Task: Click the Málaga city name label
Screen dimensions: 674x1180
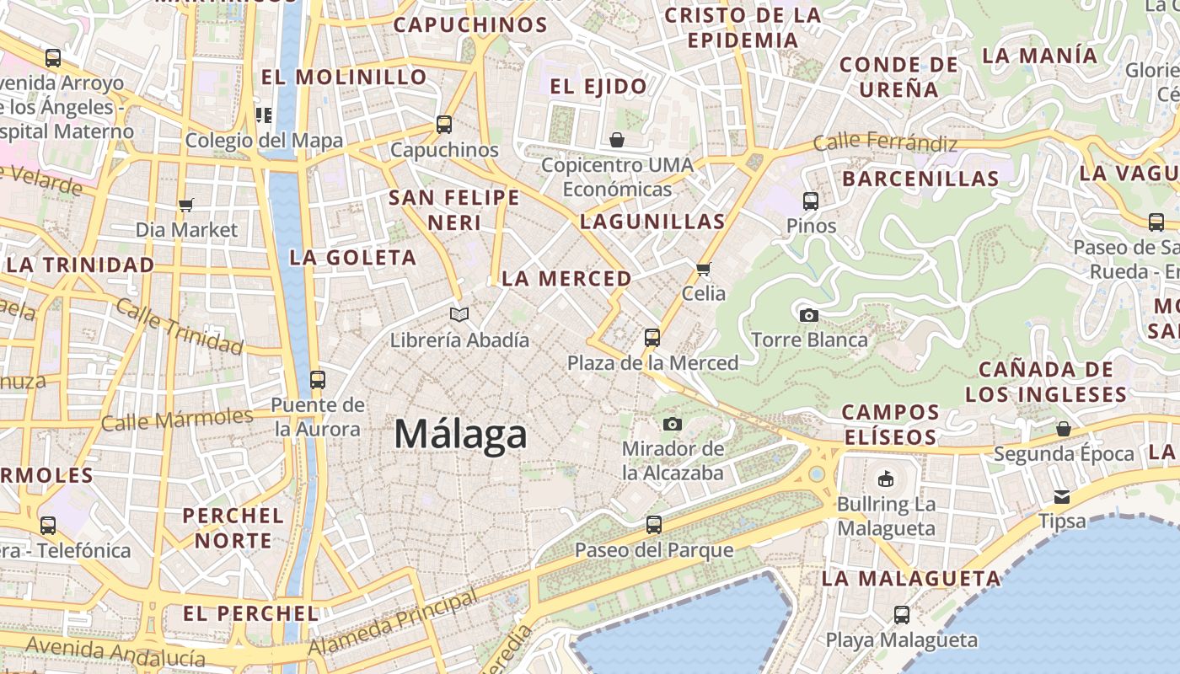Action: pyautogui.click(x=460, y=435)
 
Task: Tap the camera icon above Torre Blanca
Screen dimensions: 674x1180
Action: pyautogui.click(x=809, y=316)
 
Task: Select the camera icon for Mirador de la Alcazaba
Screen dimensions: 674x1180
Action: pyautogui.click(x=672, y=424)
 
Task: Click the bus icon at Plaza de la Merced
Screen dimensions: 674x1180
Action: pyautogui.click(x=652, y=338)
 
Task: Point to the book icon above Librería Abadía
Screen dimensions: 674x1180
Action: pyautogui.click(x=459, y=315)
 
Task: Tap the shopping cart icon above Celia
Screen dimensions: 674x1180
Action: pyautogui.click(x=704, y=269)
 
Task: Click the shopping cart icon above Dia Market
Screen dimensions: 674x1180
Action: pyautogui.click(x=186, y=205)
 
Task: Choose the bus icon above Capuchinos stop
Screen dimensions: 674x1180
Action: pyautogui.click(x=444, y=125)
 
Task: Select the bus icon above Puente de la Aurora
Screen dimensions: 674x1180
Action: pyautogui.click(x=318, y=380)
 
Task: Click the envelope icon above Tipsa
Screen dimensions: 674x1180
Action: pyautogui.click(x=1062, y=497)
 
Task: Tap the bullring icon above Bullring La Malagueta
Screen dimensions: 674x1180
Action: pyautogui.click(x=885, y=479)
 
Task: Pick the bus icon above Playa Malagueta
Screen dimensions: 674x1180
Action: pyautogui.click(x=902, y=615)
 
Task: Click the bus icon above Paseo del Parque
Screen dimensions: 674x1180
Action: pyautogui.click(x=653, y=526)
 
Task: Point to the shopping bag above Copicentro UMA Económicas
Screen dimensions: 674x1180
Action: pyautogui.click(x=617, y=139)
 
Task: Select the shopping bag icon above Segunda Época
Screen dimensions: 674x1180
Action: pyautogui.click(x=1064, y=429)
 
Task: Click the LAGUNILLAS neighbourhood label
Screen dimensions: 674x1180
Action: pyautogui.click(x=652, y=222)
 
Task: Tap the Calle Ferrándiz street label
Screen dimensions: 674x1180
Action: pyautogui.click(x=885, y=142)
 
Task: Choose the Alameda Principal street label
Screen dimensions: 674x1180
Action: pyautogui.click(x=394, y=624)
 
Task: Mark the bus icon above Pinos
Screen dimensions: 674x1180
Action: pyautogui.click(x=811, y=201)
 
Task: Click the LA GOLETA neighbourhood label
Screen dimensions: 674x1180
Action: pyautogui.click(x=353, y=258)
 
